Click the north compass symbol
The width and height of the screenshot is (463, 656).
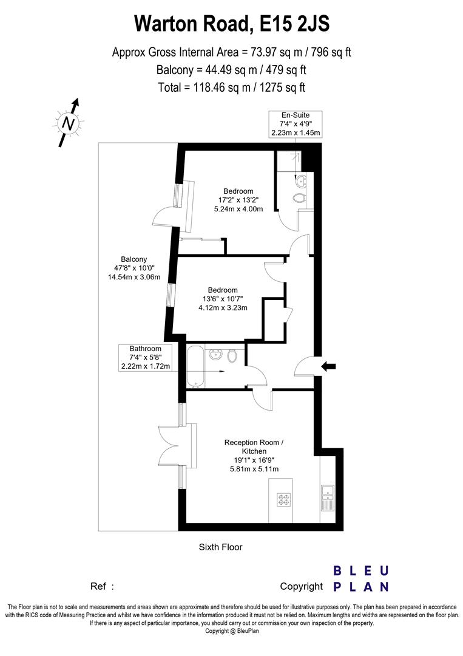(x=70, y=123)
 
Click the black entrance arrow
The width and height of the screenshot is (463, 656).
(x=328, y=366)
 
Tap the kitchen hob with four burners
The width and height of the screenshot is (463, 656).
(x=284, y=501)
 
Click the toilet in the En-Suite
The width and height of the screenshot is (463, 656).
(x=298, y=198)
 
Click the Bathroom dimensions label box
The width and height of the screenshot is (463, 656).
(x=146, y=357)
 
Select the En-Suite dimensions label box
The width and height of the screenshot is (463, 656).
(x=296, y=124)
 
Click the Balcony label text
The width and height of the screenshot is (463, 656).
(x=133, y=259)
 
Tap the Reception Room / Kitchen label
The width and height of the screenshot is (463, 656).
(x=254, y=446)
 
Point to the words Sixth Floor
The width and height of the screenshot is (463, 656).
(x=221, y=547)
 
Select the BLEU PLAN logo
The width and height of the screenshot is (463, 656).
(x=361, y=579)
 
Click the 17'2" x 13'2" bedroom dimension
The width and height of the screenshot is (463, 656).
(x=238, y=200)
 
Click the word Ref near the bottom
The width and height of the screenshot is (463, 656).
(x=98, y=587)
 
